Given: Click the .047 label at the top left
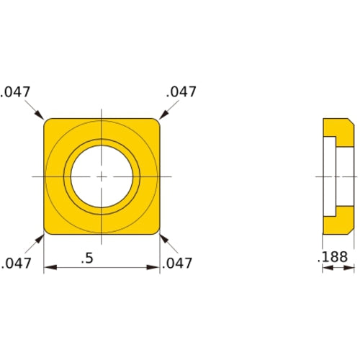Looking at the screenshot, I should click(16, 91).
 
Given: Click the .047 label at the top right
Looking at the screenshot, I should click(181, 91).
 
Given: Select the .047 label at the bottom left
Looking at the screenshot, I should click(16, 264).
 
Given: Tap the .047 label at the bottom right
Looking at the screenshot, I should click(179, 264).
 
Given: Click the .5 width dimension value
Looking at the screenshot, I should click(87, 258).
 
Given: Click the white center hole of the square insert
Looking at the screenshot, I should click(102, 176).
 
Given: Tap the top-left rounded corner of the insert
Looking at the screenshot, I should click(48, 122).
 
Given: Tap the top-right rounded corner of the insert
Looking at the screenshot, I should click(156, 122).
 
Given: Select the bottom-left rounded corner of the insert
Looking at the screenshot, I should click(48, 230).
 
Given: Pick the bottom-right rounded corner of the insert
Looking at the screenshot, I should click(156, 230).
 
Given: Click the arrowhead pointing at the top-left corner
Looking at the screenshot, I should click(41, 116).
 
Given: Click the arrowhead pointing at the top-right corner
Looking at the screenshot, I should click(162, 115).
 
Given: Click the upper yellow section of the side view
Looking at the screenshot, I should click(337, 130).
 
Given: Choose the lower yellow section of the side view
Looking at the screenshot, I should click(337, 224).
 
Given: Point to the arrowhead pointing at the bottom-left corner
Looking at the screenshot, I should click(41, 237).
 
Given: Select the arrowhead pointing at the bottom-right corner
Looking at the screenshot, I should click(162, 237).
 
